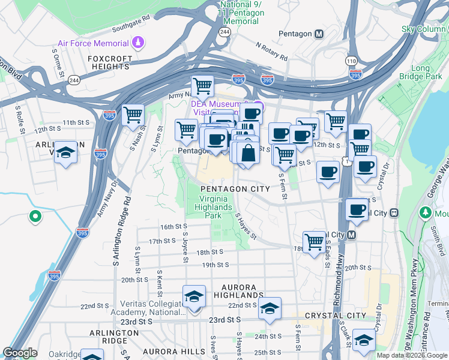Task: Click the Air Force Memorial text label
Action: pyautogui.click(x=93, y=43)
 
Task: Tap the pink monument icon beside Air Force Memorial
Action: pyautogui.click(x=139, y=43)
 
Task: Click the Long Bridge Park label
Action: pyautogui.click(x=429, y=73)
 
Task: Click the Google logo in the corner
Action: pyautogui.click(x=20, y=353)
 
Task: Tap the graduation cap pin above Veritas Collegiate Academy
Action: pyautogui.click(x=194, y=297)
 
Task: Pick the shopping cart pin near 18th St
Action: pyautogui.click(x=314, y=242)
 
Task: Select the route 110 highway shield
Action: pyautogui.click(x=351, y=61)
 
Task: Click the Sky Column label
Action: pyautogui.click(x=424, y=29)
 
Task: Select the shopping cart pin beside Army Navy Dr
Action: pyautogui.click(x=132, y=114)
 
